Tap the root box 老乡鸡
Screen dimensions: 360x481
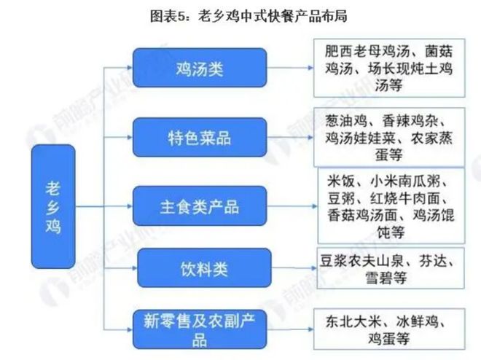52,207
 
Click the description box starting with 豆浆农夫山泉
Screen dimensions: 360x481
389,269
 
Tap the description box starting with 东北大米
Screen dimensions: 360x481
389,329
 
